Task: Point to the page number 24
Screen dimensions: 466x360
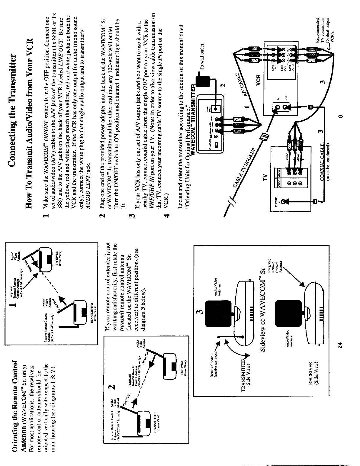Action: (341, 346)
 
